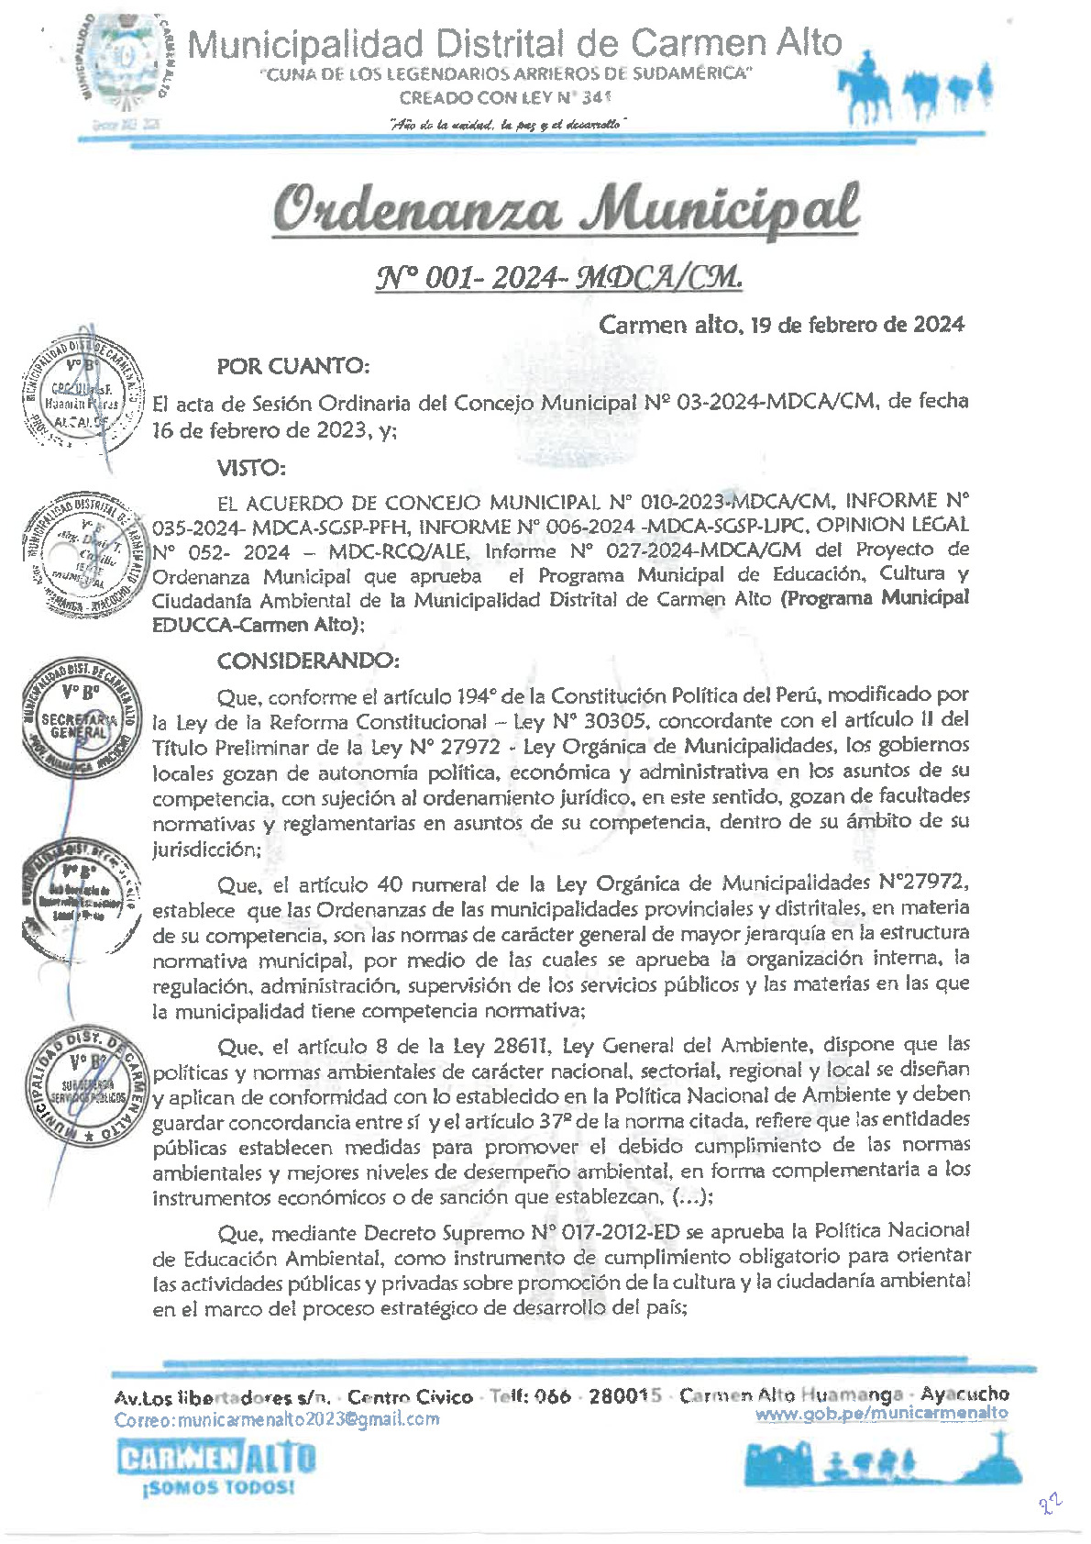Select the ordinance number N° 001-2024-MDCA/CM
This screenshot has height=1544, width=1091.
558,276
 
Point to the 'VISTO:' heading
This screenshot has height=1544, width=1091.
251,468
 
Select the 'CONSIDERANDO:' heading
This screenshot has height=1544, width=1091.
308,661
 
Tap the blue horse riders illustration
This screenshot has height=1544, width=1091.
918,87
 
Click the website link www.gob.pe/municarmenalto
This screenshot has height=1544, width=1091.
881,1414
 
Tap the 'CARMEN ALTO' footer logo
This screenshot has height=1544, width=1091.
216,1458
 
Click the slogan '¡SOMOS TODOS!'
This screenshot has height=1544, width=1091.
219,1487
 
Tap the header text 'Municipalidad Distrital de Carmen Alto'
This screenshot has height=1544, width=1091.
514,43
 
